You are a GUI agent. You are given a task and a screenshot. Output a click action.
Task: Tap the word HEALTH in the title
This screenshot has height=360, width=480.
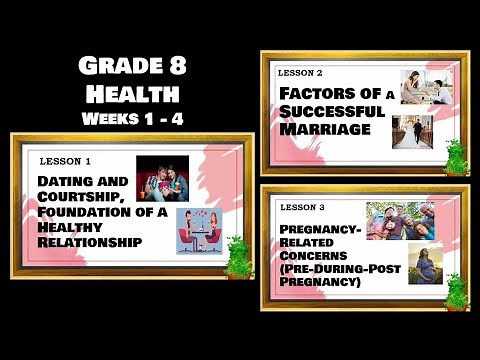click(x=132, y=95)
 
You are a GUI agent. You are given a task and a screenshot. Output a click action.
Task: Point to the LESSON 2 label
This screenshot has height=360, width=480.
click(x=300, y=74)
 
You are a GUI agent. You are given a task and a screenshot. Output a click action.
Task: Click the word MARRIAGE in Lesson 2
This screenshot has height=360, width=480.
click(x=318, y=130)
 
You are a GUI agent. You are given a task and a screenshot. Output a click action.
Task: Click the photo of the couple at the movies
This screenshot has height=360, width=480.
click(x=162, y=177)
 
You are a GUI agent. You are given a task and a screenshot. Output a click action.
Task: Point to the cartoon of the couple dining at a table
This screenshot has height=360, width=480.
click(x=199, y=230)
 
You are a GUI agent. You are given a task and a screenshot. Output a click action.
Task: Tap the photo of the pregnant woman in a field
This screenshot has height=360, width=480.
click(x=425, y=264)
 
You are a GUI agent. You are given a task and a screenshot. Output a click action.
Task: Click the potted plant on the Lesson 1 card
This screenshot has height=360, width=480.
click(x=238, y=257)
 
